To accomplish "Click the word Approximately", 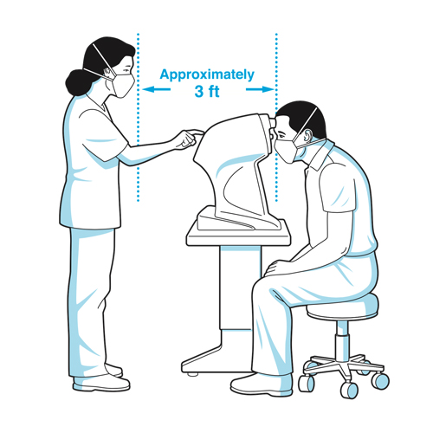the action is [207, 75].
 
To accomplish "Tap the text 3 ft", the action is [207, 92].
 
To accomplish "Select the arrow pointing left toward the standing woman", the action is [157, 89].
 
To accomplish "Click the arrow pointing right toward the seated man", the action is [260, 89].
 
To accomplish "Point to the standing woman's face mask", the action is [124, 85].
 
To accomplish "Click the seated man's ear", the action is [307, 135].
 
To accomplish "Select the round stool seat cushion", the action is [343, 307].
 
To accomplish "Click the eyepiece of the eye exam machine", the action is [272, 127].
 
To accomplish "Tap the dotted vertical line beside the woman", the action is [139, 117].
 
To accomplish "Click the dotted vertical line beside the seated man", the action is [276, 117].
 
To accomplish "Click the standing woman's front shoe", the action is [101, 383].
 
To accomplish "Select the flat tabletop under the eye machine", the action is [238, 236].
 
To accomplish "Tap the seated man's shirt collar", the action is [320, 154].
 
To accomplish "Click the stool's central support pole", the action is [342, 340].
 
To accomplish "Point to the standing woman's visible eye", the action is [126, 70].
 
